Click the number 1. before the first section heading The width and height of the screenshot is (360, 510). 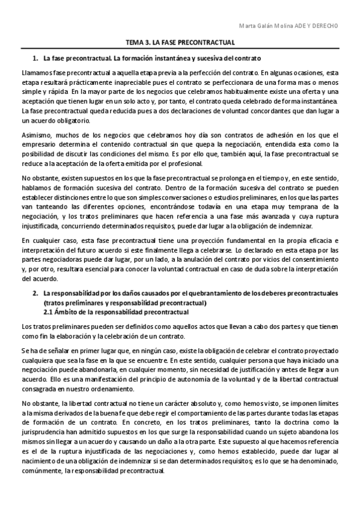35,58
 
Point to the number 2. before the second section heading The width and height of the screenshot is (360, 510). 35,293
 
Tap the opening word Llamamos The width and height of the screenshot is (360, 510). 35,73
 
